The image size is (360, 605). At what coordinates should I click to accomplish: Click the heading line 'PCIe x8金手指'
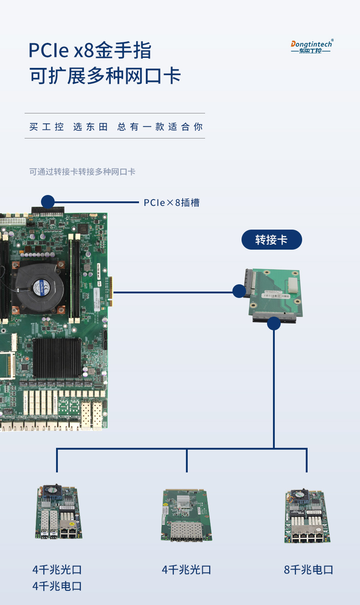coord(90,50)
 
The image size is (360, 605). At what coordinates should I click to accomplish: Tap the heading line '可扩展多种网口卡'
coord(105,76)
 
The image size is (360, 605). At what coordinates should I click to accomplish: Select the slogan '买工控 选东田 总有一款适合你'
coord(116,127)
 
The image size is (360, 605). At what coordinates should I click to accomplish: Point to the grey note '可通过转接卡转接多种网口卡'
coord(82,172)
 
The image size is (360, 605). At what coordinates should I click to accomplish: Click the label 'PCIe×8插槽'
coord(172,203)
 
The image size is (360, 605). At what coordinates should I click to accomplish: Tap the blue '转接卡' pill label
coord(271,240)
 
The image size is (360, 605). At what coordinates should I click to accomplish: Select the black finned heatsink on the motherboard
coord(57,357)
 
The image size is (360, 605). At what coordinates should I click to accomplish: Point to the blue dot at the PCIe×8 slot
coord(48,202)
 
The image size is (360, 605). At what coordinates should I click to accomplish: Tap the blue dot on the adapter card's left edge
coord(239,291)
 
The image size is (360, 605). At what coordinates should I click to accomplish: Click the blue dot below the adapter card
coord(273,323)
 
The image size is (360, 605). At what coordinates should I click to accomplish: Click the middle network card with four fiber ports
coord(187,515)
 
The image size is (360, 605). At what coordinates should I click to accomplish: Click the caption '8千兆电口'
coord(309,569)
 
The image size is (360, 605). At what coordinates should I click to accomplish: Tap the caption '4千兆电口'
coord(57,586)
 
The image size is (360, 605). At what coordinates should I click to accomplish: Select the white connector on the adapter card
coord(293,287)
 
